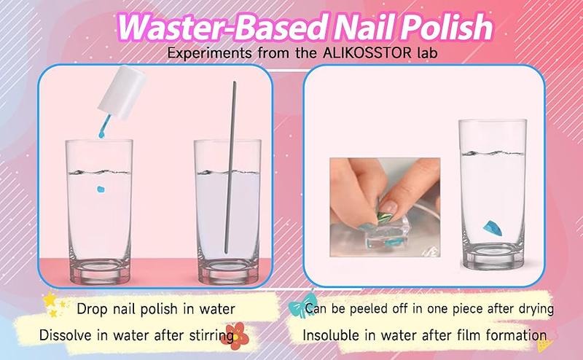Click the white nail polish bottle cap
click(x=121, y=93)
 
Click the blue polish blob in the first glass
click(x=101, y=189)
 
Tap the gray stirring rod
click(x=230, y=168)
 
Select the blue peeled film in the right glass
click(x=493, y=228)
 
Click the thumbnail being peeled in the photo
click(x=388, y=206)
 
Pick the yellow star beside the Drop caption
click(x=50, y=299)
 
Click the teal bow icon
click(x=301, y=305)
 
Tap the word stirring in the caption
click(x=212, y=336)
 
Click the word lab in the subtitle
click(x=428, y=53)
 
